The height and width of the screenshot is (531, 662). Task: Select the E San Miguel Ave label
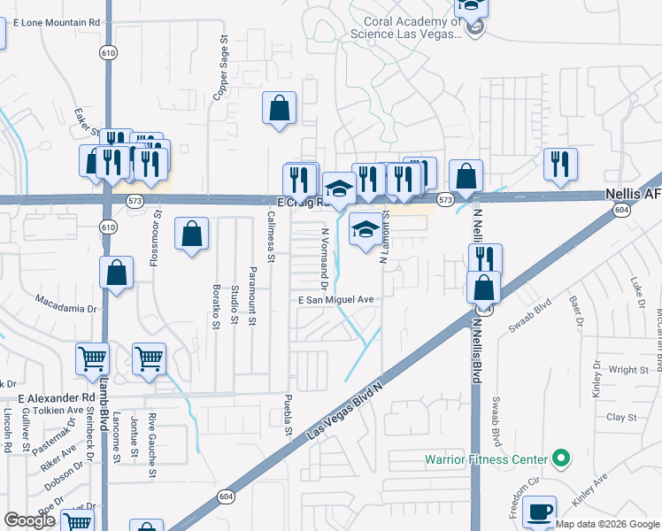335,300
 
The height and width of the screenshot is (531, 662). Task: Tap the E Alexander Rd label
55,398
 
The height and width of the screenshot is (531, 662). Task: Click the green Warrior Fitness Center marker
559,458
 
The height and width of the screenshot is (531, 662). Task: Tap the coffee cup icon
539,511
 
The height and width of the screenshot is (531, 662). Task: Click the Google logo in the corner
29,520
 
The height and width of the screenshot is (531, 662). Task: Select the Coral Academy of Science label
405,27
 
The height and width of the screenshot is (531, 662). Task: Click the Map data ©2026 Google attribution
607,524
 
